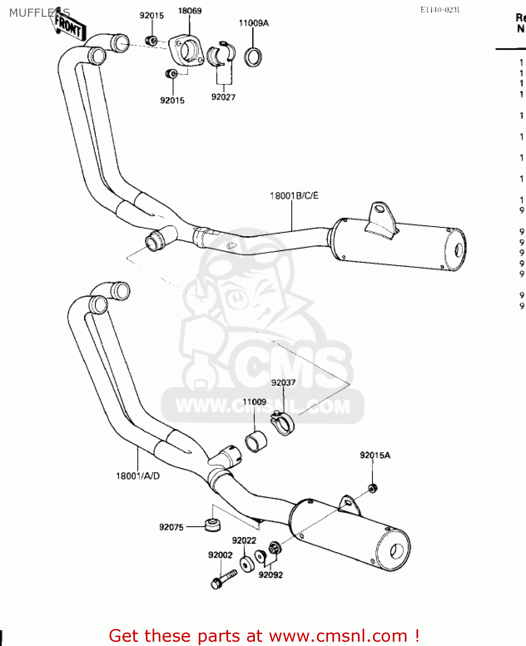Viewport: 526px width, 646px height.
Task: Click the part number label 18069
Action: (190, 11)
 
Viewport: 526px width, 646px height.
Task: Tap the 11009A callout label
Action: (254, 23)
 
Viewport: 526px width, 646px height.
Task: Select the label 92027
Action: (223, 97)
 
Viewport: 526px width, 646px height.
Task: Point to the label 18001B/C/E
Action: (294, 196)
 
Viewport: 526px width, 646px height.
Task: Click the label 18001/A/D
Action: (138, 476)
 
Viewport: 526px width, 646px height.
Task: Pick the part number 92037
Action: (283, 382)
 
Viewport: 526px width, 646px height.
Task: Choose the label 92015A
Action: (375, 455)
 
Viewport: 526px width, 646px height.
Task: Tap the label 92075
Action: (171, 527)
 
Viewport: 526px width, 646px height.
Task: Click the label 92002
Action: (220, 555)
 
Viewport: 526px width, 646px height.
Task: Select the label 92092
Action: (271, 575)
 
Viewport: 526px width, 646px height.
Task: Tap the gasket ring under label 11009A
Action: (254, 57)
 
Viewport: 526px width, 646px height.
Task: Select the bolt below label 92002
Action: (224, 578)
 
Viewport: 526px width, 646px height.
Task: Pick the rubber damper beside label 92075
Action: (213, 525)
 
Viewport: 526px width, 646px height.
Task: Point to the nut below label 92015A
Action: (373, 488)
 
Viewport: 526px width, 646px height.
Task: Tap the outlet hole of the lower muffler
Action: (396, 551)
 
